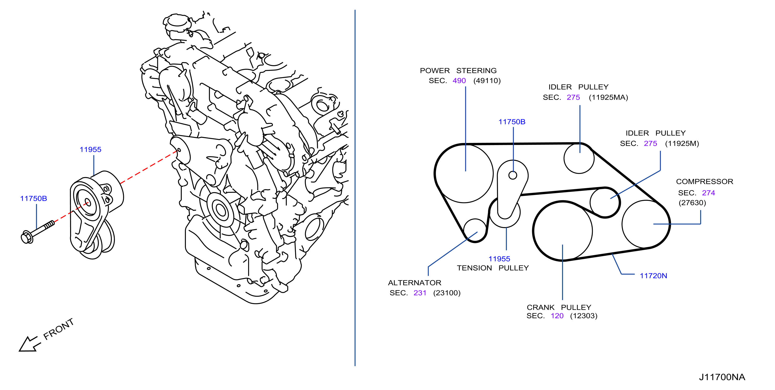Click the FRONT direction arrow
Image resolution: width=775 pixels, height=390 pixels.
tap(29, 344)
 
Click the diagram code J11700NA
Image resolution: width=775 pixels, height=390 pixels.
tap(722, 377)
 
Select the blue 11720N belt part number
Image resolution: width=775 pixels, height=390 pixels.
tap(653, 276)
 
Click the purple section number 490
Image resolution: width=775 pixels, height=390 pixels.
tap(459, 81)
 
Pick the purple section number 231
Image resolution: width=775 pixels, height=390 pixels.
tap(420, 293)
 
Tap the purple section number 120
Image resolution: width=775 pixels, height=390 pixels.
tap(557, 316)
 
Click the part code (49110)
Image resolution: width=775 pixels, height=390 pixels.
tap(487, 81)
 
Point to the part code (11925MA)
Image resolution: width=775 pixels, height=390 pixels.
tap(608, 97)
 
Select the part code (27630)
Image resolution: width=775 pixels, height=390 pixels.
tap(692, 203)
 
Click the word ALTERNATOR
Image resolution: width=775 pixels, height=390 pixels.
tap(415, 283)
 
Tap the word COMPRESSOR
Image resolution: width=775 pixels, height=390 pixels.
tap(705, 181)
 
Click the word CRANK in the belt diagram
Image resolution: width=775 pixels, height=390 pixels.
tap(541, 307)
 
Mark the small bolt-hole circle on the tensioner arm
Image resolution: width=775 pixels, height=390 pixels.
tap(513, 175)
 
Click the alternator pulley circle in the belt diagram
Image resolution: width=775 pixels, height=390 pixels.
tap(475, 230)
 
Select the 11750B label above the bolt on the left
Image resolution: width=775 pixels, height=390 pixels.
tap(33, 198)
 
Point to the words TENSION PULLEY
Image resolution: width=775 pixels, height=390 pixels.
tap(493, 268)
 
